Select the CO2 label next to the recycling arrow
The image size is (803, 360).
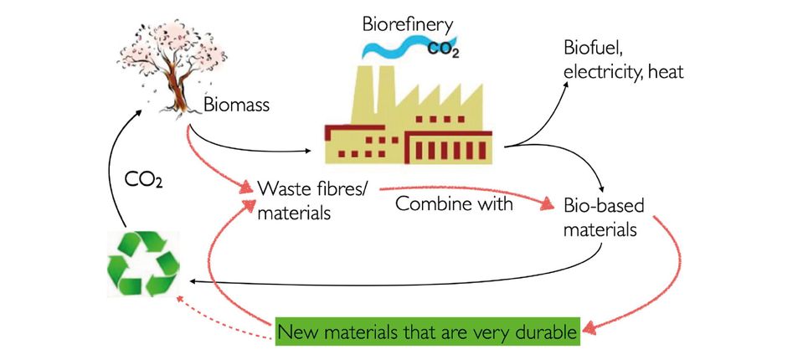click(x=145, y=180)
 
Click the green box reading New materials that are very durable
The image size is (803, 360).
click(x=428, y=332)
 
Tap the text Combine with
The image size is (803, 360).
click(x=453, y=203)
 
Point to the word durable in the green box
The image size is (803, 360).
click(x=545, y=332)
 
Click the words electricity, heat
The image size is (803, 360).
click(x=624, y=72)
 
